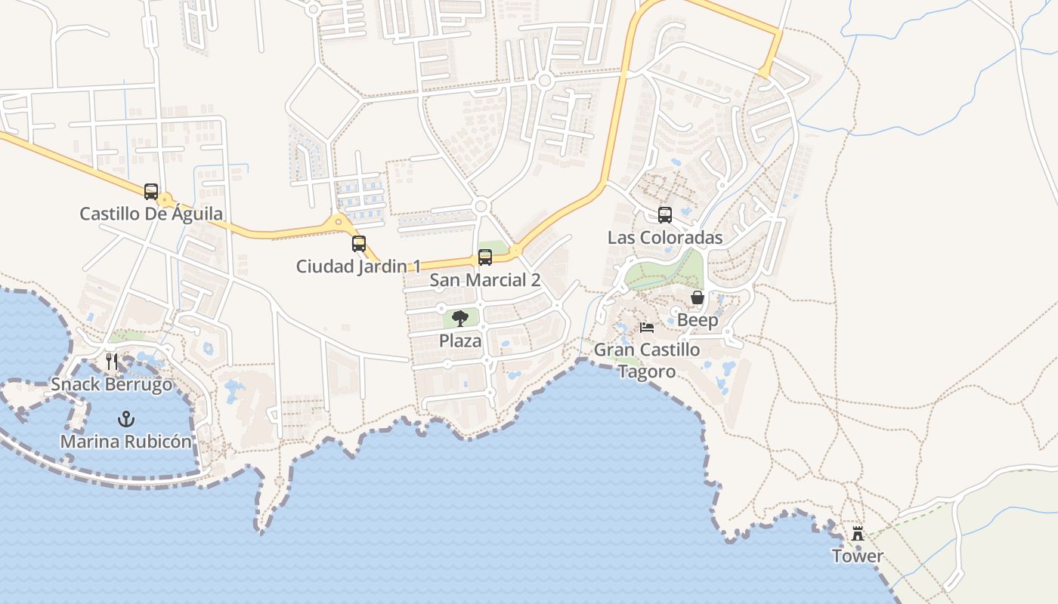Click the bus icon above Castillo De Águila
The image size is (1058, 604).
pyautogui.click(x=151, y=192)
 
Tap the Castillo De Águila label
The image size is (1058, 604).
pyautogui.click(x=151, y=214)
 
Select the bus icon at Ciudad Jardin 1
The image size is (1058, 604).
pyautogui.click(x=359, y=244)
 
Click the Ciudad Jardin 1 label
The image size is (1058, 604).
pyautogui.click(x=359, y=266)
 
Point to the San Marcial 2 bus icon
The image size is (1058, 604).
pyautogui.click(x=485, y=257)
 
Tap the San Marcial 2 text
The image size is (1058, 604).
pyautogui.click(x=485, y=280)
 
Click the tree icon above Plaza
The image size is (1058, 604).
pyautogui.click(x=459, y=319)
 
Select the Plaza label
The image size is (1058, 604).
pyautogui.click(x=460, y=341)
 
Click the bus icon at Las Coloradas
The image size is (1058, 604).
pyautogui.click(x=665, y=215)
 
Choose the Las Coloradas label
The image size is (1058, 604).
pyautogui.click(x=665, y=238)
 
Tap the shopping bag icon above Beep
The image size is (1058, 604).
pyautogui.click(x=698, y=297)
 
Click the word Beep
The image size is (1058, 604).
pyautogui.click(x=698, y=320)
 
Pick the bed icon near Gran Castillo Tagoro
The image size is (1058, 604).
pyautogui.click(x=647, y=328)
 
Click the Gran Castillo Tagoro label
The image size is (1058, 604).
pyautogui.click(x=647, y=361)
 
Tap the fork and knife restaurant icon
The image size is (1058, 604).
pyautogui.click(x=112, y=362)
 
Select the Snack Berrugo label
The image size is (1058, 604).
pyautogui.click(x=112, y=384)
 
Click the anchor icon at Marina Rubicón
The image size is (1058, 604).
pyautogui.click(x=126, y=419)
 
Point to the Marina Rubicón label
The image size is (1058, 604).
pyautogui.click(x=126, y=442)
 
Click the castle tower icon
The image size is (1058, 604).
pyautogui.click(x=858, y=534)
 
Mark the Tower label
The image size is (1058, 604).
pyautogui.click(x=858, y=556)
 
